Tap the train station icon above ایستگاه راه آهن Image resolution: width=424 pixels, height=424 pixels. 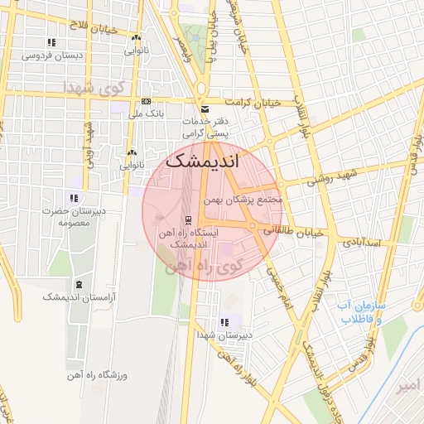tap(189, 220)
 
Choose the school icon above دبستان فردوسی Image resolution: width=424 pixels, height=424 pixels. tap(51, 42)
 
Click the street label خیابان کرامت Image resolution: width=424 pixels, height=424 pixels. tap(253, 104)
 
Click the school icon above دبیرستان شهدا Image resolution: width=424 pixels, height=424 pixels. tap(224, 322)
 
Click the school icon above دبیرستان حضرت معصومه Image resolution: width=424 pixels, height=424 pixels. tap(75, 198)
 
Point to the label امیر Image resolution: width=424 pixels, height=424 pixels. tap(408, 386)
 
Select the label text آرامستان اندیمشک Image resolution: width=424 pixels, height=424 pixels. tap(79, 296)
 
